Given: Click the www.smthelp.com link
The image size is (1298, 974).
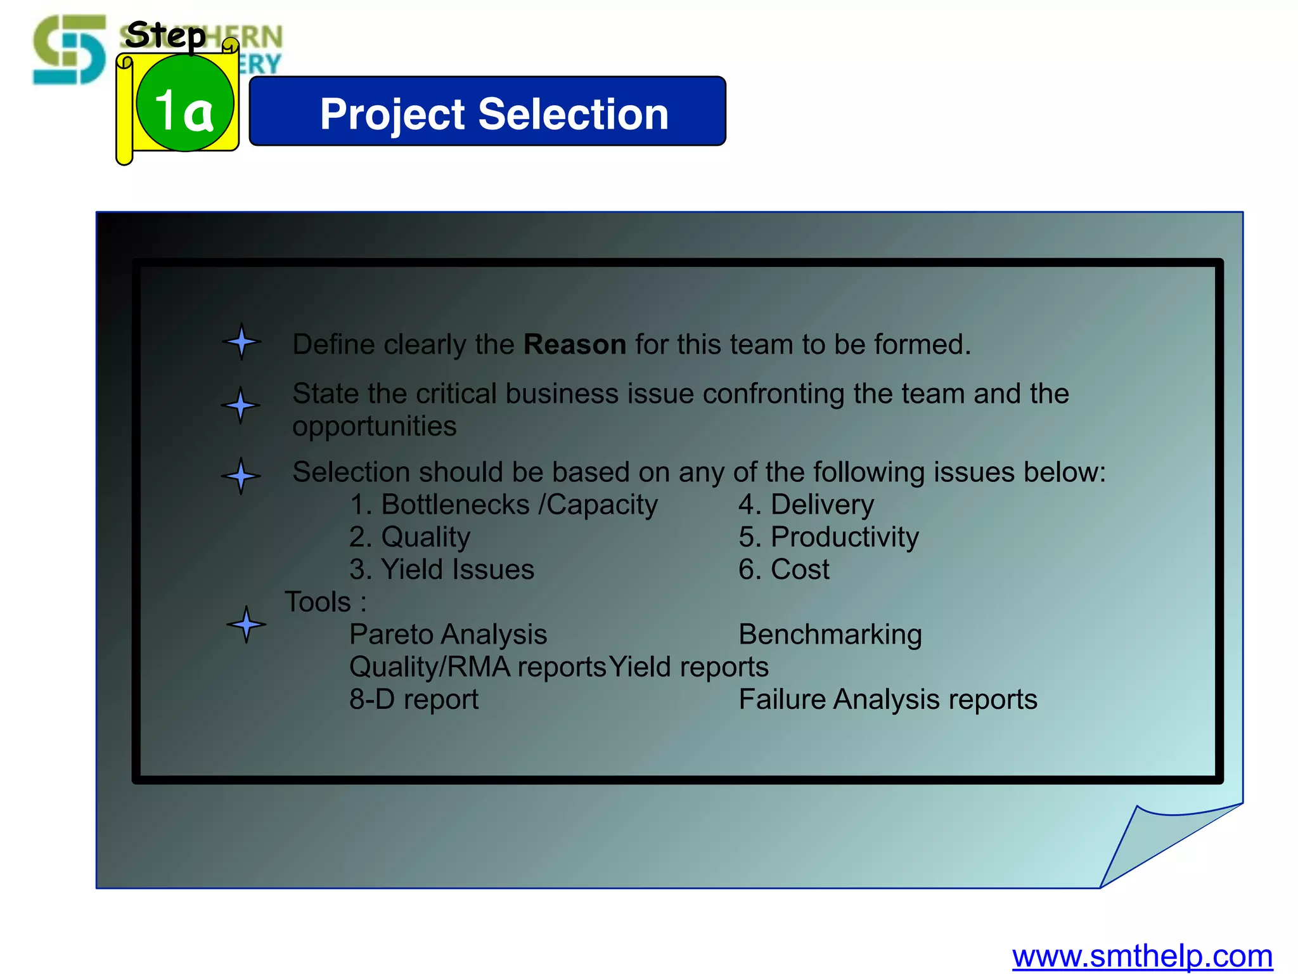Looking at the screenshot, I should [1141, 956].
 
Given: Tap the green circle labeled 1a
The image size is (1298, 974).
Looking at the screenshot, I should [185, 103].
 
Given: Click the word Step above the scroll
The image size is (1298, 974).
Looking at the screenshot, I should [165, 35].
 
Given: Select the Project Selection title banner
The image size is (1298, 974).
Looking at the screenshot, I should [487, 112].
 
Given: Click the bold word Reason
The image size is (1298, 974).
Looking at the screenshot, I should [574, 344].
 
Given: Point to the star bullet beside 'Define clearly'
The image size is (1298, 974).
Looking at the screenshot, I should [241, 342].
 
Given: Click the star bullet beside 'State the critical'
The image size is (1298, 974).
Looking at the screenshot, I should [240, 405].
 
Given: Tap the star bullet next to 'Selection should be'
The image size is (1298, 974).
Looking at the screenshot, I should [241, 476].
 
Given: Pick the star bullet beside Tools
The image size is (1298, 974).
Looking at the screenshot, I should [246, 625].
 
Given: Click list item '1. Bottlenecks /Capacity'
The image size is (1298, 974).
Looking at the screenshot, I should [503, 505].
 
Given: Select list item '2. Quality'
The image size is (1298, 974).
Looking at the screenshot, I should [409, 537].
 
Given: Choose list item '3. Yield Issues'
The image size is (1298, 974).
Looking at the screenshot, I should [442, 569].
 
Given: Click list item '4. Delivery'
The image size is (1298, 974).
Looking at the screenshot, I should [806, 505].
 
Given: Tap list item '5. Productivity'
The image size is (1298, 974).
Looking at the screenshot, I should [828, 537].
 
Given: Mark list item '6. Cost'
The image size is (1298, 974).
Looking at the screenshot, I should [783, 569].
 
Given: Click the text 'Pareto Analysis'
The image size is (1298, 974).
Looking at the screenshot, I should [448, 634].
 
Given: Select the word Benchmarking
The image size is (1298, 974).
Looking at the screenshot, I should [830, 634].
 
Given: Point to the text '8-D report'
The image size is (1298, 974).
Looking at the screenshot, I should [414, 699].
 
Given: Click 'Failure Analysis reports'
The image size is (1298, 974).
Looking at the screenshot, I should [888, 699].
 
